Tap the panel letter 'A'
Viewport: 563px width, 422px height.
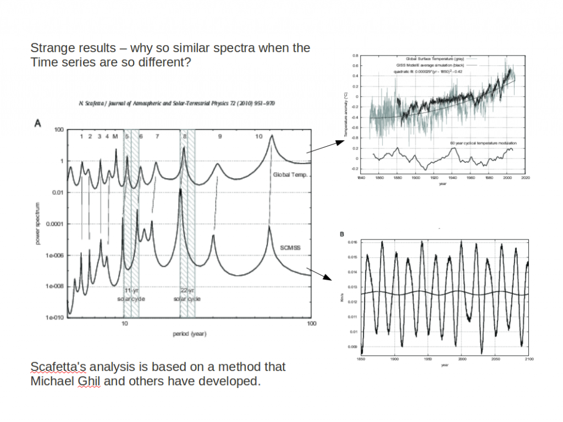tap(37, 124)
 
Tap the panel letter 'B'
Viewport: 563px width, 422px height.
tap(342, 235)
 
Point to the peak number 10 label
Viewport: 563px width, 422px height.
tap(258, 136)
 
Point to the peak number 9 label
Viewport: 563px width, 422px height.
tap(219, 136)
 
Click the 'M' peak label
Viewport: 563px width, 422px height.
tap(115, 136)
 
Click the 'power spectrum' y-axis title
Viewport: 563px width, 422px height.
tap(38, 223)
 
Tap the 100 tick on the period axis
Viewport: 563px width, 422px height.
tap(311, 324)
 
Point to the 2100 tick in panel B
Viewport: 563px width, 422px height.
tap(528, 358)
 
